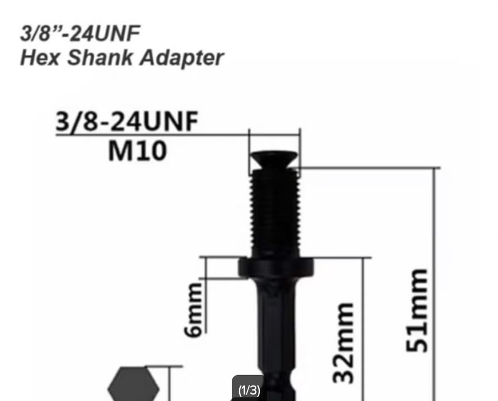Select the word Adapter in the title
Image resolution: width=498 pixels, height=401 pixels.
182,59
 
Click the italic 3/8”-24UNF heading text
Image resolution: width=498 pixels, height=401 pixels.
80,33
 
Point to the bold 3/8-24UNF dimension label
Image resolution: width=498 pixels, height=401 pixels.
127,121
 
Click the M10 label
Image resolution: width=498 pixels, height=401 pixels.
137,151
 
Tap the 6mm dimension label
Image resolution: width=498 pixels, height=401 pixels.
193,310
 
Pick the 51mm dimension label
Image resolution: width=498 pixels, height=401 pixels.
417,310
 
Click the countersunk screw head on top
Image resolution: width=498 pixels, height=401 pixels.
274,160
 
